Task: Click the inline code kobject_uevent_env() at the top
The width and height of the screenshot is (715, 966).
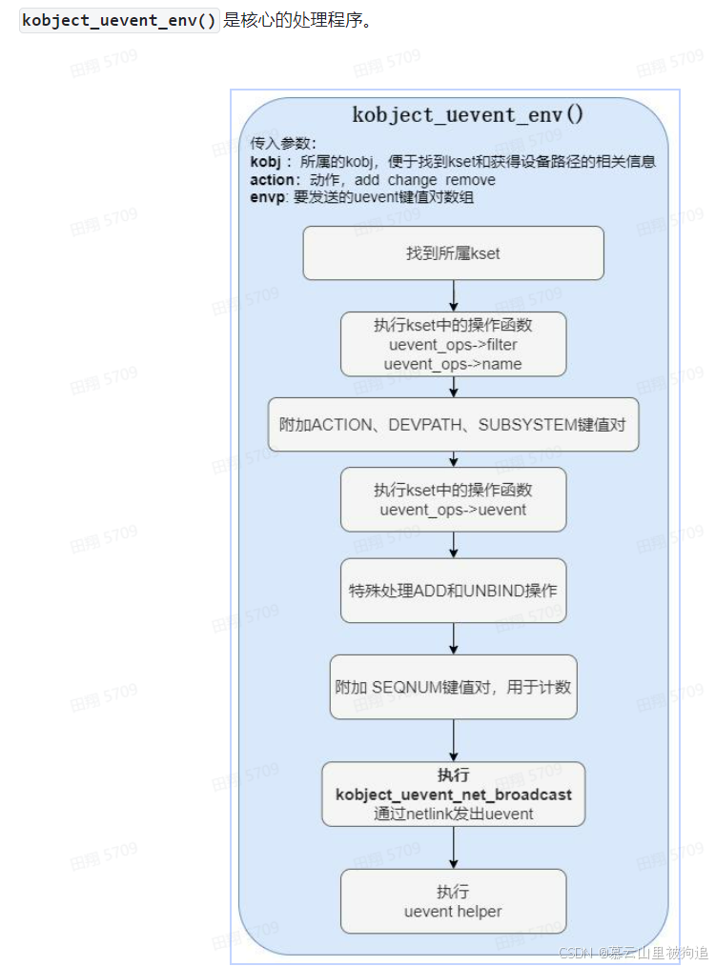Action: [x=119, y=21]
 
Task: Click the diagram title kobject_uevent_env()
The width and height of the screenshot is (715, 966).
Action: [x=468, y=114]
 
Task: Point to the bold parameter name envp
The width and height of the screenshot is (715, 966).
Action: [x=267, y=198]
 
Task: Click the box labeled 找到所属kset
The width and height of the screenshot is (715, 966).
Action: [x=453, y=253]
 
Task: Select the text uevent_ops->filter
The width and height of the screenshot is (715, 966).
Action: [x=453, y=345]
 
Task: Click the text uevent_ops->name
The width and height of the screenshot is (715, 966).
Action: [x=453, y=364]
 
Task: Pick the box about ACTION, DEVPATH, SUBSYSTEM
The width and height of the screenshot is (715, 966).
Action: [x=453, y=425]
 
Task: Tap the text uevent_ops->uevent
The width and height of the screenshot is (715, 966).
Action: [x=453, y=510]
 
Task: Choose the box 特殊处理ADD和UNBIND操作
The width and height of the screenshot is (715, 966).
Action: [x=453, y=591]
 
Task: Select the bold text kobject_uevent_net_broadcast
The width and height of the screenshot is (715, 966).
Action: [x=454, y=794]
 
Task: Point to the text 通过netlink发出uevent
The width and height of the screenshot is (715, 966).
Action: [x=454, y=814]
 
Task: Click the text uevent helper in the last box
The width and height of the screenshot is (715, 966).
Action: [x=453, y=912]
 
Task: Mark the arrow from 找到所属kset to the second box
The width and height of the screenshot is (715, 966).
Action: [x=454, y=295]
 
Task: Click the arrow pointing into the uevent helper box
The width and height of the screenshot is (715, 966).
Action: [x=454, y=848]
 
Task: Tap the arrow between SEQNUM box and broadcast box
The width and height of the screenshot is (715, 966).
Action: [x=454, y=740]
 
